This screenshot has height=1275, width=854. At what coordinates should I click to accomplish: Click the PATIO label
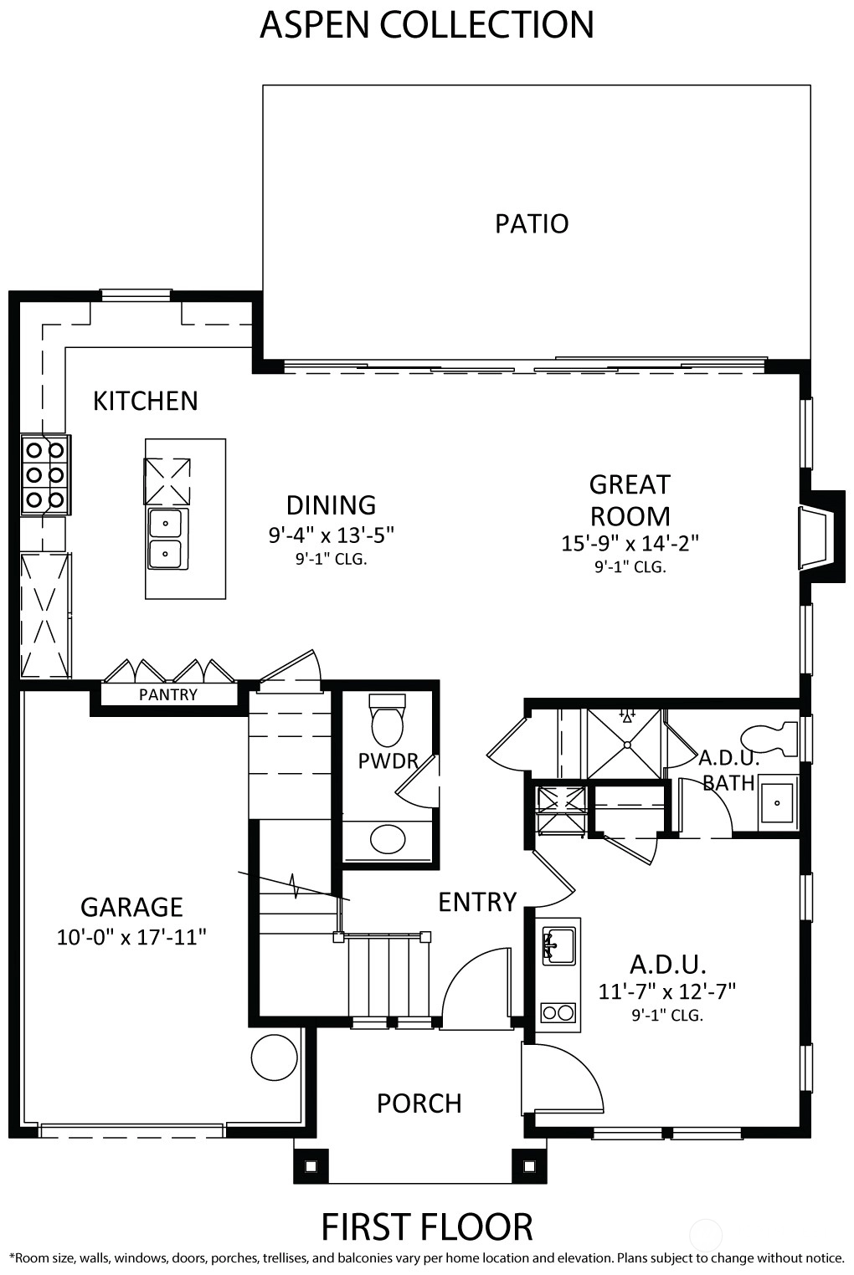pos(532,223)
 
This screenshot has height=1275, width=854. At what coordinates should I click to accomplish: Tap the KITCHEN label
pos(146,401)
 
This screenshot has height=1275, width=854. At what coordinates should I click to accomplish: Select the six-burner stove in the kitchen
pos(45,475)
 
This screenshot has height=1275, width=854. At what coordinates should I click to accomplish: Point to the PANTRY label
pos(168,694)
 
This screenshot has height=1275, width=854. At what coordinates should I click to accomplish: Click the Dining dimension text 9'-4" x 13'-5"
pos(332,535)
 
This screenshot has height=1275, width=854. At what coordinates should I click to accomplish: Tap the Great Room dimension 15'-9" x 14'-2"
pos(630,543)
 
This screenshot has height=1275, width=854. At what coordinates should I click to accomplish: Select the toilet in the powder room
pos(388,720)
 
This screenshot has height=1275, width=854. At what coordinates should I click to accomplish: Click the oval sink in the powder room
pos(388,838)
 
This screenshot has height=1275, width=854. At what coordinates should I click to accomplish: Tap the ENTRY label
pos(477,902)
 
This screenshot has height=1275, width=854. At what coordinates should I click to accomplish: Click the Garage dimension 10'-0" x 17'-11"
pos(131,937)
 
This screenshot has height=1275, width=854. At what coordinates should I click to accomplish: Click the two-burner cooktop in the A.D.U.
pos(558,1013)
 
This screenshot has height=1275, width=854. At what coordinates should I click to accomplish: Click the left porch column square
pos(311,1166)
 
